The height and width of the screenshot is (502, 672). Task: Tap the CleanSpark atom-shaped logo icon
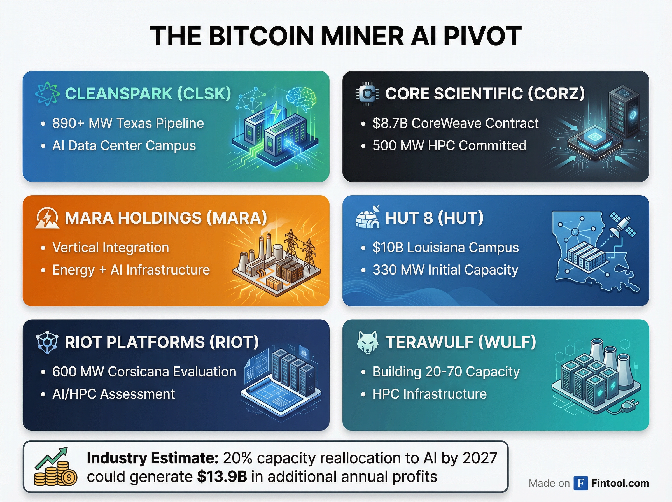[47, 94]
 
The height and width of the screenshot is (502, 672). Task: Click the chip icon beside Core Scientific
[367, 94]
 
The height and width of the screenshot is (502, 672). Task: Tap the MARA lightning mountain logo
[47, 218]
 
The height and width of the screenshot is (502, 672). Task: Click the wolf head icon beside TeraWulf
[367, 342]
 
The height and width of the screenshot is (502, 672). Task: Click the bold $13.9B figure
[222, 477]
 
